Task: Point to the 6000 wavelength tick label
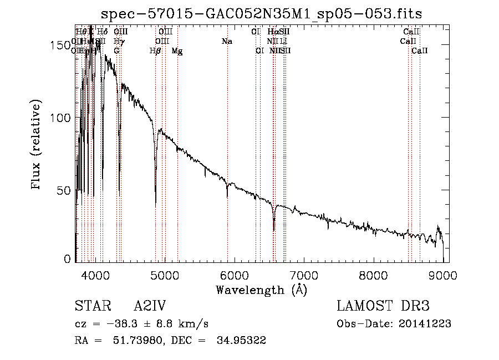[234, 275]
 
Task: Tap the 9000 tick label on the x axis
[443, 275]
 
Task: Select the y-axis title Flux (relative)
[38, 146]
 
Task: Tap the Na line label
[226, 42]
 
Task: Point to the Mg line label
[177, 50]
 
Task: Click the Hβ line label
[155, 50]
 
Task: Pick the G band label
[116, 50]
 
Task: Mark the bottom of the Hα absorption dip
[274, 230]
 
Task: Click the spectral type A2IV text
[150, 307]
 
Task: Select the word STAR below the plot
[90, 307]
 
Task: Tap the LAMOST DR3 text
[383, 307]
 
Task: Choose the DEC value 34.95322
[241, 341]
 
